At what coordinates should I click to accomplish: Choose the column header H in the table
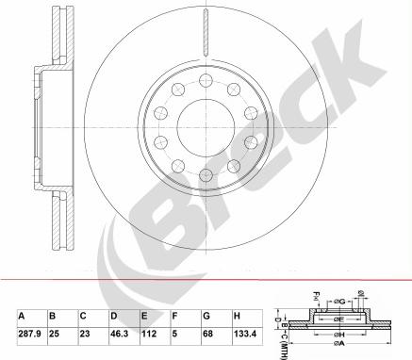click(x=236, y=315)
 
